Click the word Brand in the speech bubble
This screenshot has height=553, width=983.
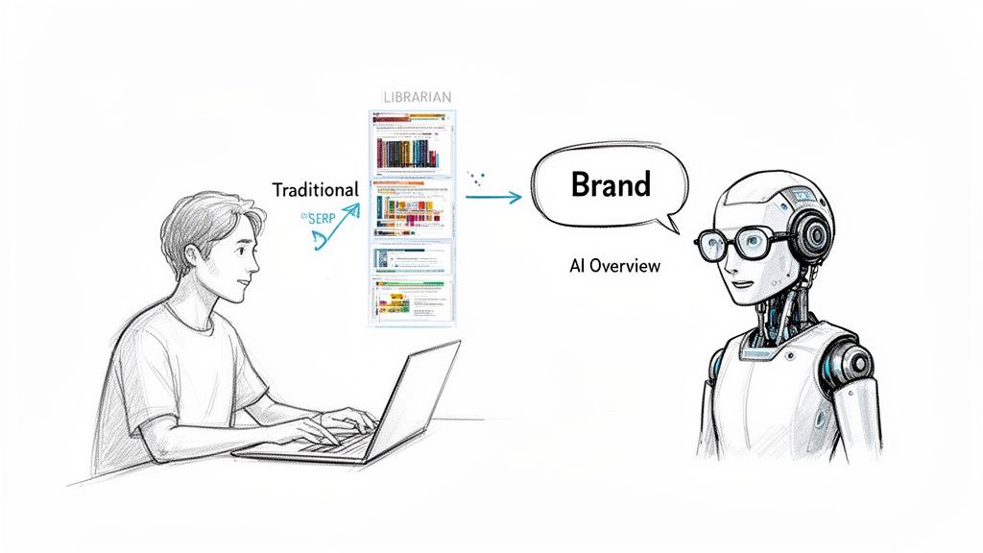click(x=611, y=183)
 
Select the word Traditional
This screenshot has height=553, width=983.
click(x=315, y=190)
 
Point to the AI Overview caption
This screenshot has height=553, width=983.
click(x=614, y=266)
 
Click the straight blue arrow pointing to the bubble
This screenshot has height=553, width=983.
click(x=493, y=197)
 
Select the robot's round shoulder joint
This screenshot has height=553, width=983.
click(x=846, y=361)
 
